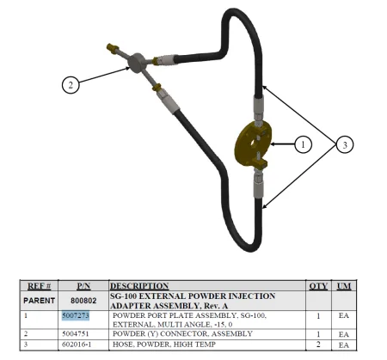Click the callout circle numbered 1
[x=304, y=144]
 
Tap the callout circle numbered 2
[x=71, y=85]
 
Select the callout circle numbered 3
[x=345, y=144]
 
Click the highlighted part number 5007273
[x=76, y=315]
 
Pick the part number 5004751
[x=76, y=333]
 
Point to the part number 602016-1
[x=77, y=344]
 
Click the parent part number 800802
[x=83, y=301]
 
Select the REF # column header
[x=39, y=286]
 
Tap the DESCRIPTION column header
[x=139, y=286]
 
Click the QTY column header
[x=318, y=286]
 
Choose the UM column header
[x=344, y=286]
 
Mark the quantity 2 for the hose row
[x=318, y=345]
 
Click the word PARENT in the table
[x=39, y=301]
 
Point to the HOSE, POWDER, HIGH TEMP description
[x=164, y=345]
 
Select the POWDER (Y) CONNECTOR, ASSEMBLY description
[x=182, y=333]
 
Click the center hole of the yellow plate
[x=255, y=143]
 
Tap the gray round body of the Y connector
[x=137, y=63]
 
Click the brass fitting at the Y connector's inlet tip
[x=112, y=47]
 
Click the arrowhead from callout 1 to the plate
[x=273, y=144]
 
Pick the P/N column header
[x=83, y=286]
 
